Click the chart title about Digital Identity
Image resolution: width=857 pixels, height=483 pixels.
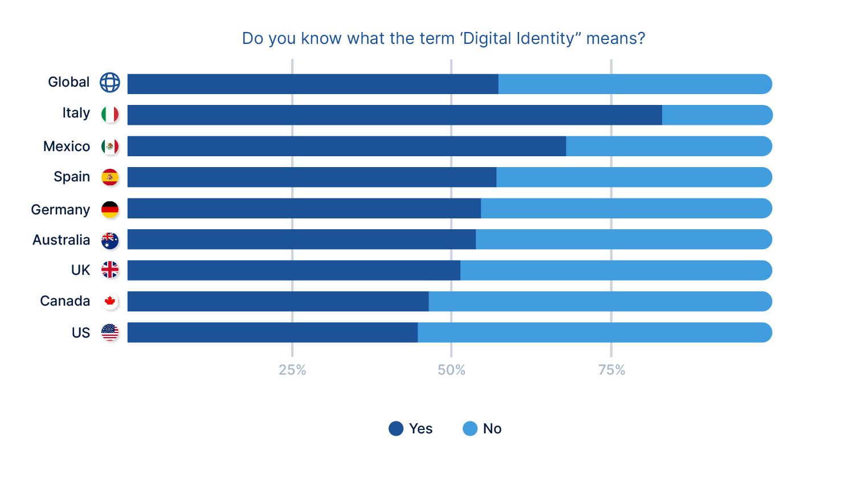click(443, 38)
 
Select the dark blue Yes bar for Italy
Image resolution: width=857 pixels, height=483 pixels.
click(394, 115)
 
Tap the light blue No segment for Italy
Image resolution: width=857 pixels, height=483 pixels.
click(717, 115)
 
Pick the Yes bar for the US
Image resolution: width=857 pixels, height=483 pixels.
click(272, 332)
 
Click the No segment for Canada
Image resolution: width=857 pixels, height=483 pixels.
click(600, 301)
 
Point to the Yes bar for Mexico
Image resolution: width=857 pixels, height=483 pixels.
click(346, 146)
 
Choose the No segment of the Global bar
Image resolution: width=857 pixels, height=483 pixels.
click(635, 84)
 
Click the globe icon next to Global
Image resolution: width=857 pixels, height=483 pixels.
click(110, 83)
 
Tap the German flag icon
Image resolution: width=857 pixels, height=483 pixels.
click(110, 209)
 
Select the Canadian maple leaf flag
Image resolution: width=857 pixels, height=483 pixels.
click(110, 301)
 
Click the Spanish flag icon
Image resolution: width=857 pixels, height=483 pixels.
click(110, 177)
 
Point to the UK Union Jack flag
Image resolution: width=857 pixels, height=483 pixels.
click(110, 270)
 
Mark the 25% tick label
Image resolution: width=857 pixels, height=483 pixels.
click(292, 370)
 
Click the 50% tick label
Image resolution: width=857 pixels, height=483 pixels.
click(451, 370)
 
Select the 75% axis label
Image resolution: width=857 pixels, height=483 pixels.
click(611, 370)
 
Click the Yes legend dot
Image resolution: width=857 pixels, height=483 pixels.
click(396, 429)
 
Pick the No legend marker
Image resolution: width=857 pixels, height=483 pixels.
click(470, 429)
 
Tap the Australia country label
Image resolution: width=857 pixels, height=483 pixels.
click(61, 240)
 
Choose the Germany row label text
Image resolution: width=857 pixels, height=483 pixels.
click(60, 210)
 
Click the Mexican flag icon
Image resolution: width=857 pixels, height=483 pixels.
click(110, 147)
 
